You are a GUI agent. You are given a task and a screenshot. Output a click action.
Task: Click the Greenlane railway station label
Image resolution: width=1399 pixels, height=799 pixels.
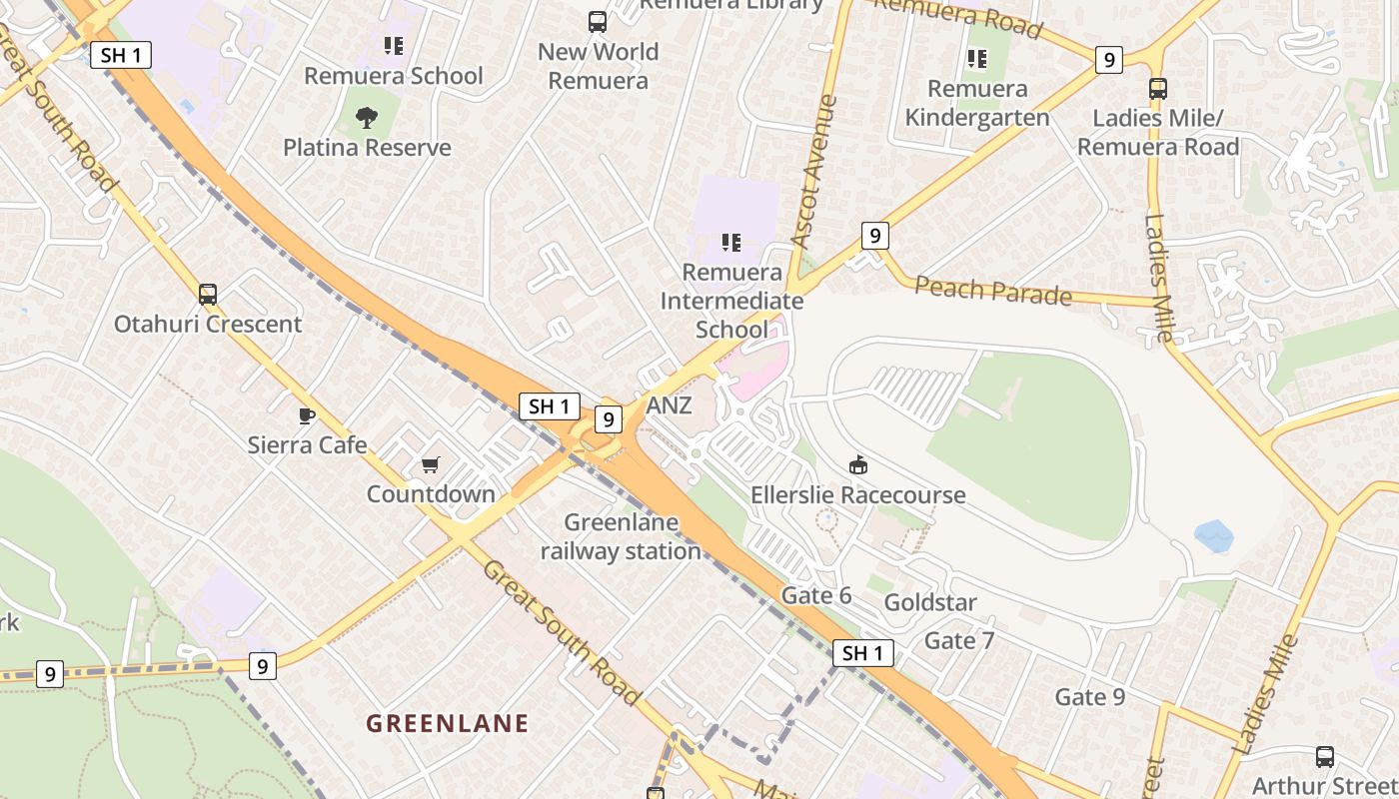[621, 536]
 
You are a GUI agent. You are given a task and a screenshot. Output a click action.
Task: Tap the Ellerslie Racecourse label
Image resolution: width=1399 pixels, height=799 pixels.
[857, 494]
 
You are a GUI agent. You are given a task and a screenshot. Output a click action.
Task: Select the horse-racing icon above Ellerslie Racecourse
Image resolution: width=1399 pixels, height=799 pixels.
[857, 464]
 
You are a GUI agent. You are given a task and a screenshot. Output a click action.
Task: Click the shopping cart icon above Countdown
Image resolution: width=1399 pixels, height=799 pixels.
[431, 464]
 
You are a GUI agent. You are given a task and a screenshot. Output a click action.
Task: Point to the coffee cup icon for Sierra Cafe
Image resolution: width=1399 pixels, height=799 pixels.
[307, 415]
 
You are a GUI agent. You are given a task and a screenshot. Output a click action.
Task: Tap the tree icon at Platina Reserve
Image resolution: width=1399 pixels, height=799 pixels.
[367, 118]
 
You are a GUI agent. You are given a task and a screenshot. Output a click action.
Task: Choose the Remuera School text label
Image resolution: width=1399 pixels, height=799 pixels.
[393, 76]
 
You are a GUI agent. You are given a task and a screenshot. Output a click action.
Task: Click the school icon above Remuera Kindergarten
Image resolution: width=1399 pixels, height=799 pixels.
[976, 59]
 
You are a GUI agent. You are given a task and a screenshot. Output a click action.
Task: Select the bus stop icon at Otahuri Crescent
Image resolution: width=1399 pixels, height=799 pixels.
[208, 295]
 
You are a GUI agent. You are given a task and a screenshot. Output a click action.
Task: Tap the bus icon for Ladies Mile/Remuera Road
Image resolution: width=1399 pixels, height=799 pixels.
[1157, 89]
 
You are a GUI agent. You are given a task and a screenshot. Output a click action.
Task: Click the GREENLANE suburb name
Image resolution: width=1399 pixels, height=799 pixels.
[447, 723]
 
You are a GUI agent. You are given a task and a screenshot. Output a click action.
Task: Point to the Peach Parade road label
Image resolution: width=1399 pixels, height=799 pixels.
[992, 291]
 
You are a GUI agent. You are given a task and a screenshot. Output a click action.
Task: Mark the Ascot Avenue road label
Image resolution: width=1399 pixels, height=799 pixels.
[813, 171]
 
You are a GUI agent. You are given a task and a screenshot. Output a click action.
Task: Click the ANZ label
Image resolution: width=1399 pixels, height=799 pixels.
[669, 405]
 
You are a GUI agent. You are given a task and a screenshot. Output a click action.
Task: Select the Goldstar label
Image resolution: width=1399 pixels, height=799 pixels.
[929, 602]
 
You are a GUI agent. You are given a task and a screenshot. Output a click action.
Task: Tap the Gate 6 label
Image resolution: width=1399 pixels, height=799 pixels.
[815, 595]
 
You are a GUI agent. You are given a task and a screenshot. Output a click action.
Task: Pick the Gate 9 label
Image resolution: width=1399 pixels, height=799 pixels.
[1089, 696]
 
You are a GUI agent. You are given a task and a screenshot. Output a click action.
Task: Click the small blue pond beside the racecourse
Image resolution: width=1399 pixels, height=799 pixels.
[1213, 536]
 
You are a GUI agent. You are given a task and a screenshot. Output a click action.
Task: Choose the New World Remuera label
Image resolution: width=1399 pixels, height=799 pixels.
[598, 66]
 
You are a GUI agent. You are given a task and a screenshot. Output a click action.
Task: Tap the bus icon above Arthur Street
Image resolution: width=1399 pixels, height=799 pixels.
[1324, 757]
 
